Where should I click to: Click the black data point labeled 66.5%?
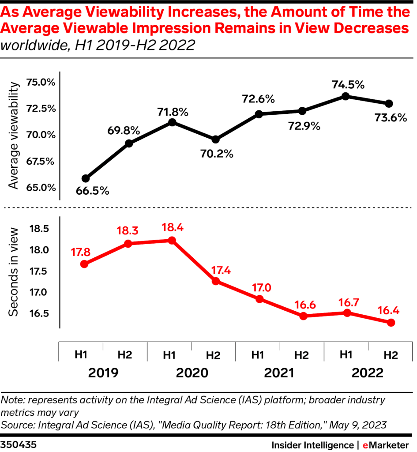coord(86,178)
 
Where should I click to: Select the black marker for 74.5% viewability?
coord(346,96)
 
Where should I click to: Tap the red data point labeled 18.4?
coord(172,241)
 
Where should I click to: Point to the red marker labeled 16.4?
coord(391,323)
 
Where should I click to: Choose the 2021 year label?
coord(279,373)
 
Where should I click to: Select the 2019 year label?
coord(103,373)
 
